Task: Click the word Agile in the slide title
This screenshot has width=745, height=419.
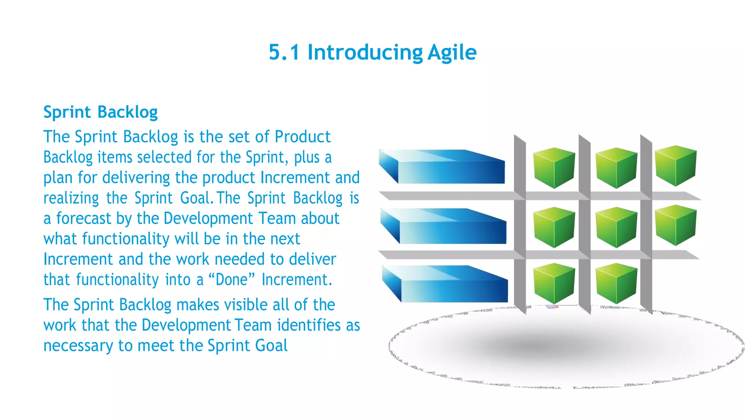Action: (451, 53)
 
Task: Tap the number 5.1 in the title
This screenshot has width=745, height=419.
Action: (284, 52)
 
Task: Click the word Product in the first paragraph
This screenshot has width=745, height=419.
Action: (302, 137)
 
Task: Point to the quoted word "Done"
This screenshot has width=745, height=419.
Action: (231, 280)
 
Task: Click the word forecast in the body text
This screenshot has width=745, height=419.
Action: (84, 219)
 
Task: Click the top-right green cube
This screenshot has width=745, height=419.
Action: (676, 166)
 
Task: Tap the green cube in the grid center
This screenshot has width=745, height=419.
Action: (616, 227)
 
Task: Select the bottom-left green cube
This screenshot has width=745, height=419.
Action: (554, 283)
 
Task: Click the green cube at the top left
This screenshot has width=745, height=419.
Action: (554, 168)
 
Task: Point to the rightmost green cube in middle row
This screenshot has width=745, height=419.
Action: (676, 225)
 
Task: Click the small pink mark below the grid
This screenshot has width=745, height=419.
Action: (552, 307)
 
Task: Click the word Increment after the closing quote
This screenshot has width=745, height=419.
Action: (296, 280)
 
